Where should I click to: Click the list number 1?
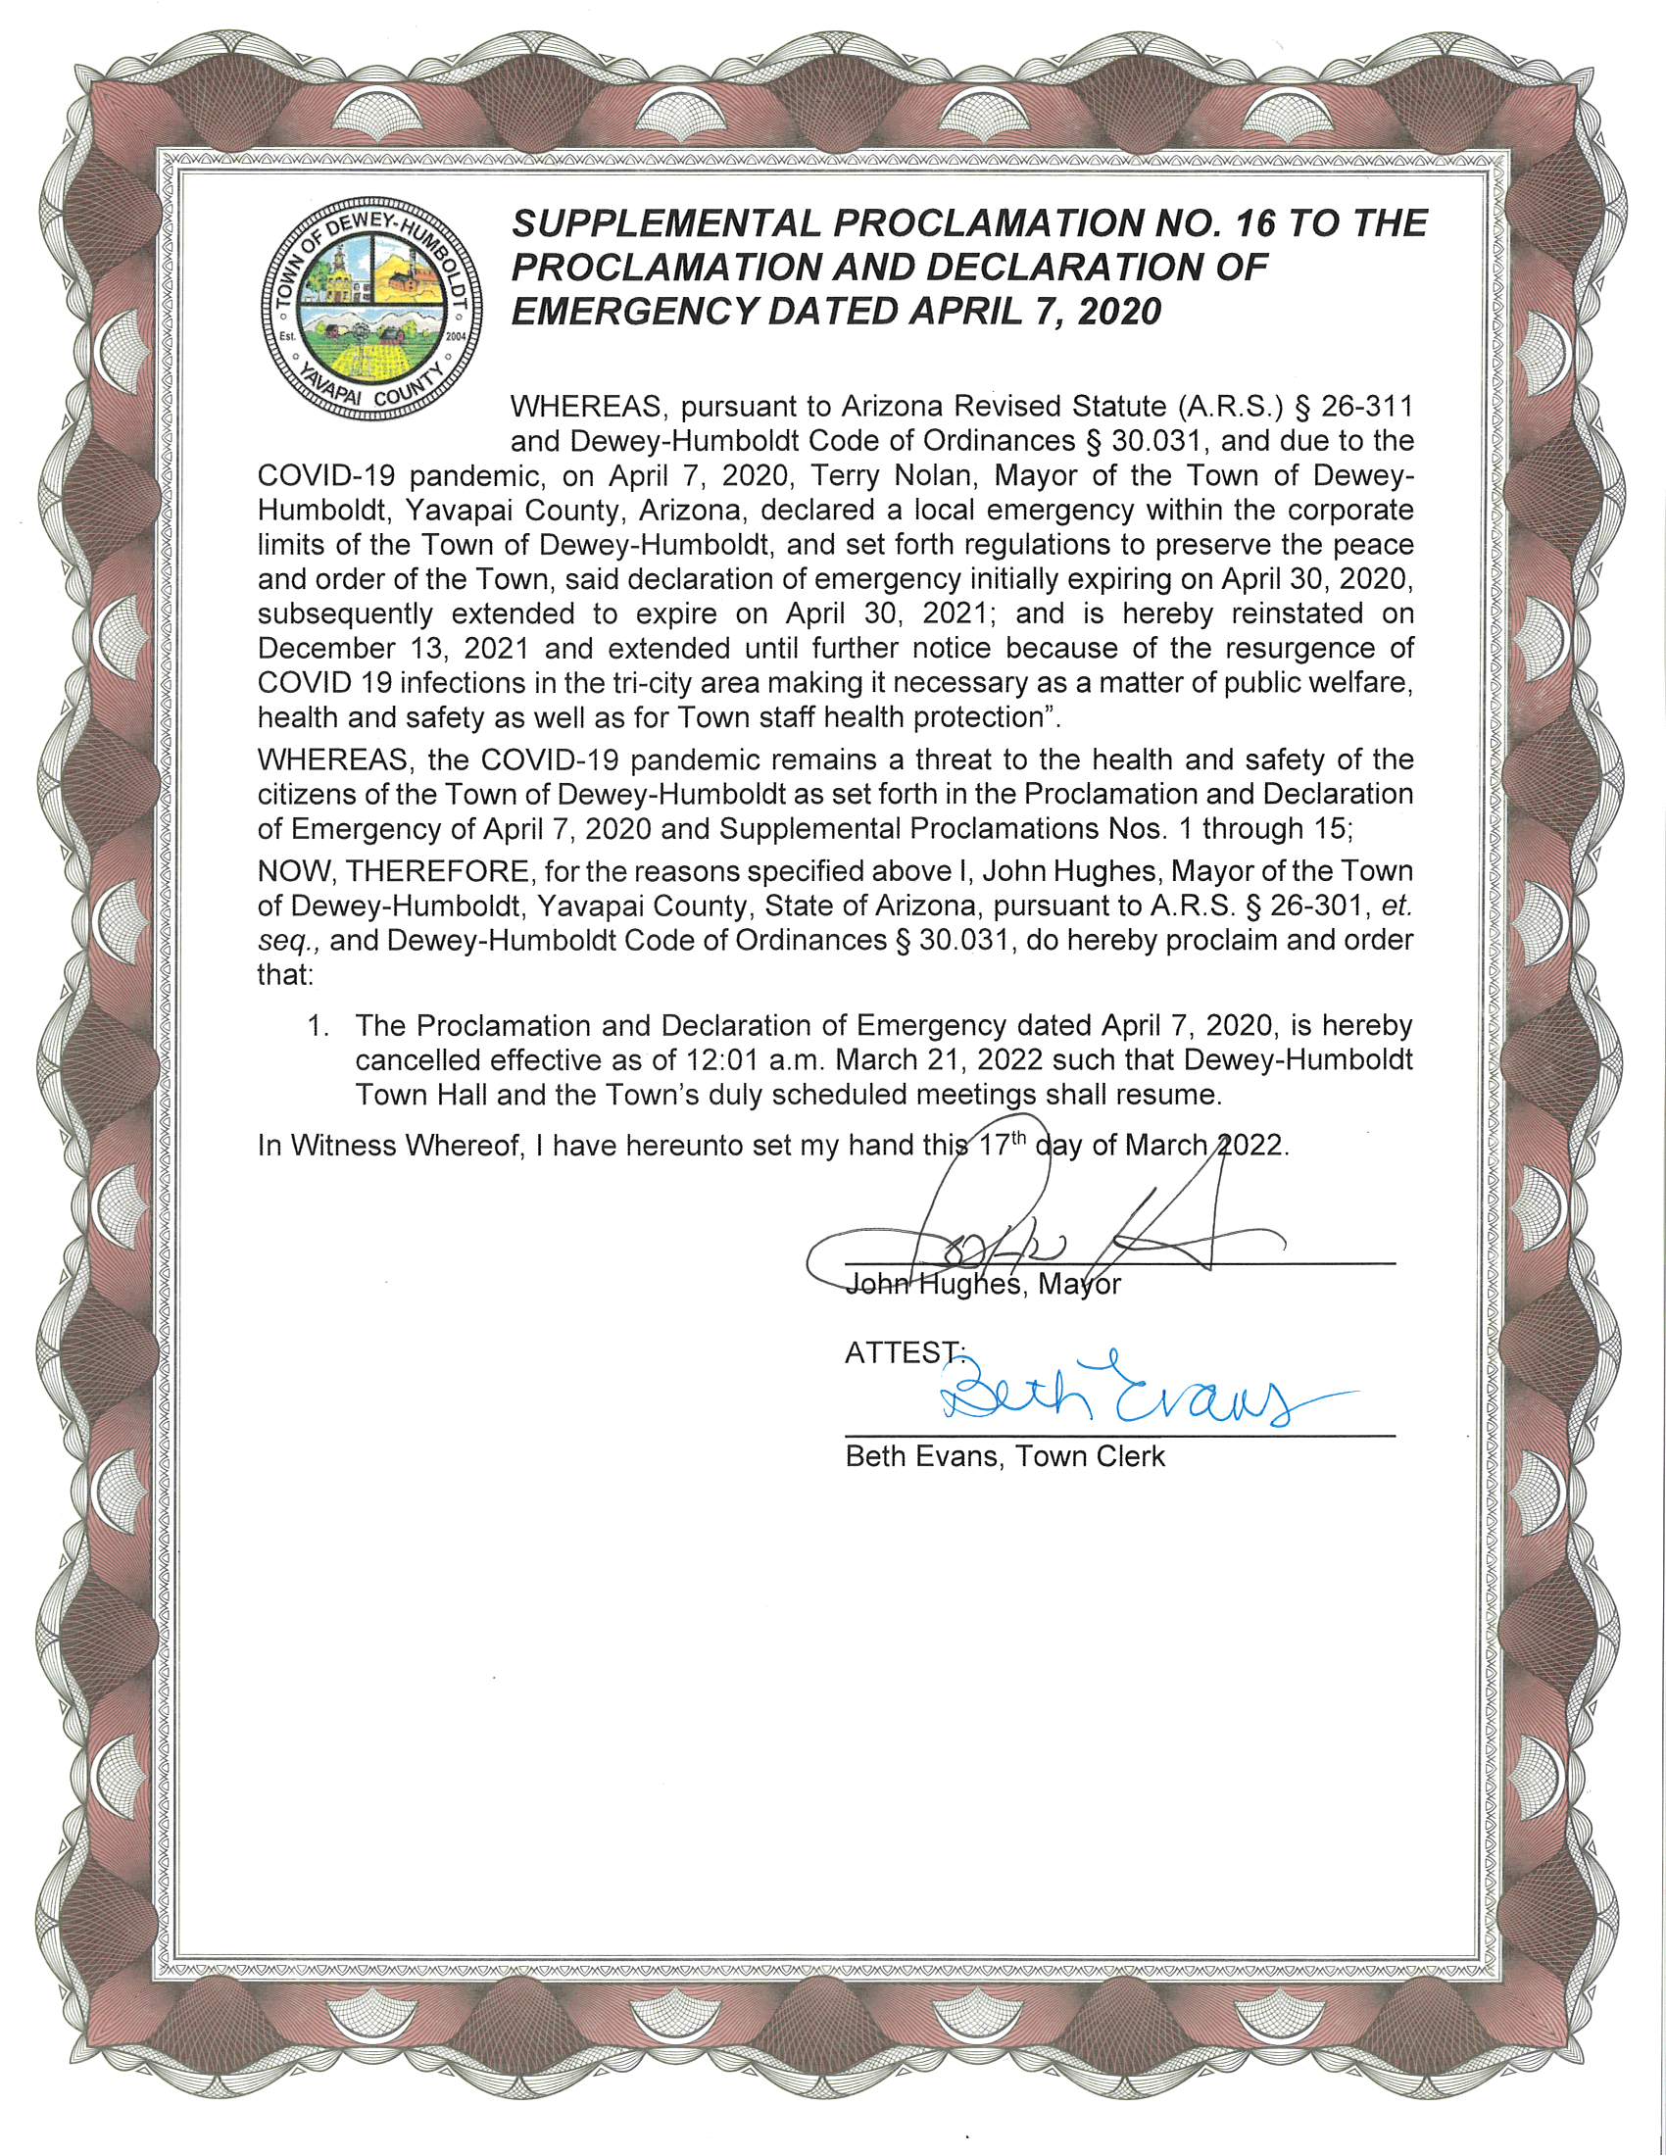(316, 1026)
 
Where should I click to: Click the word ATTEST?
(900, 1352)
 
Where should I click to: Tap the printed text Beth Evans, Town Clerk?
(1004, 1456)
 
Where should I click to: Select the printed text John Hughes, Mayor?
(984, 1285)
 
